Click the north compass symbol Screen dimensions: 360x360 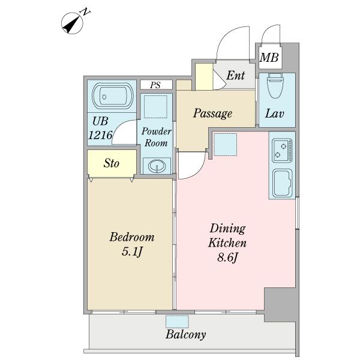73,23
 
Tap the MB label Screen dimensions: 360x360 269,58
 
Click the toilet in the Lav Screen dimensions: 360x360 276,86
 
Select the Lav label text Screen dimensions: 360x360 275,113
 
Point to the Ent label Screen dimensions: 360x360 236,76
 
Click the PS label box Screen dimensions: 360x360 156,85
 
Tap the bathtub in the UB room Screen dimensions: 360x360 113,96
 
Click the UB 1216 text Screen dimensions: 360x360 101,128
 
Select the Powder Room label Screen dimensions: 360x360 156,137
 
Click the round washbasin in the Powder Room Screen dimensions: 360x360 157,166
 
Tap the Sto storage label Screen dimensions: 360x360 112,163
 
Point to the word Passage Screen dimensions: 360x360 212,113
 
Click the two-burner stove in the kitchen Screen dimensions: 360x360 282,151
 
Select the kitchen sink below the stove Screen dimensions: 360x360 283,183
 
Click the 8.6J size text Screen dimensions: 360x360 227,257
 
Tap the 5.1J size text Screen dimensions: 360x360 132,251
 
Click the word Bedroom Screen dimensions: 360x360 132,237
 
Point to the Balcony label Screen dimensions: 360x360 185,335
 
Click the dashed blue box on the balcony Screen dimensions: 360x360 177,322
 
